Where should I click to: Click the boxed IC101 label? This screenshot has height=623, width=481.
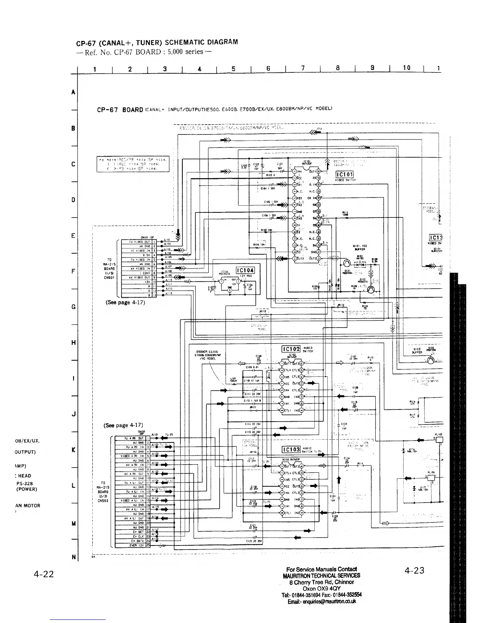coord(344,175)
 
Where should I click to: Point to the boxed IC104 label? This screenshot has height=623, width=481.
coord(245,270)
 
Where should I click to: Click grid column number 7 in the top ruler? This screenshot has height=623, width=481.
coord(303,68)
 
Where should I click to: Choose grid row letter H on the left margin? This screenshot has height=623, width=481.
coord(73,343)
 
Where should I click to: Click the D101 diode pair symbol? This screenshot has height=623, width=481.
coord(360,264)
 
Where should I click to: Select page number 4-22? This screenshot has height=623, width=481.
coord(43,574)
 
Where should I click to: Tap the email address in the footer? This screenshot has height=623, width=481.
coord(321,601)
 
